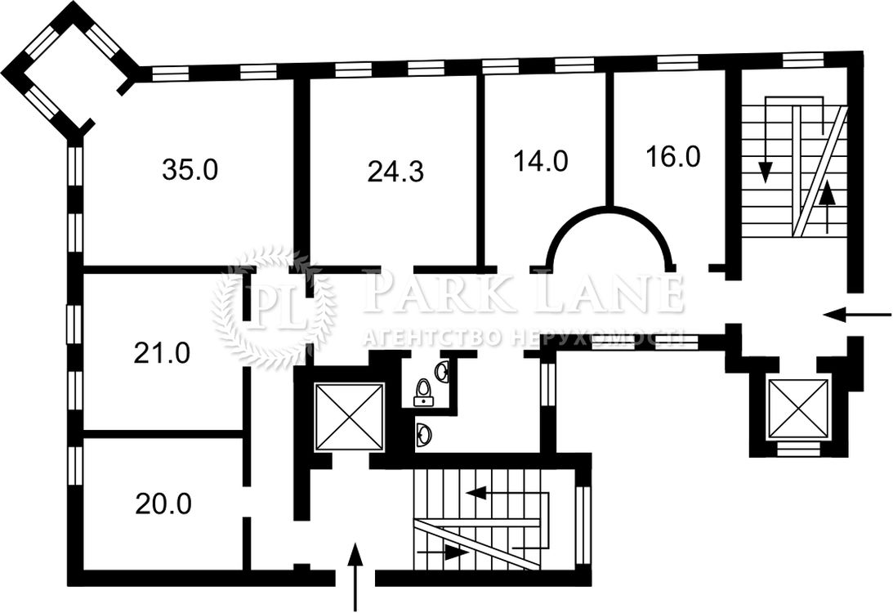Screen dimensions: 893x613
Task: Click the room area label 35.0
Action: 190,170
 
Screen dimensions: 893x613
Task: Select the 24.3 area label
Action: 395,171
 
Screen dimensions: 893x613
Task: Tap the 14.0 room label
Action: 541,161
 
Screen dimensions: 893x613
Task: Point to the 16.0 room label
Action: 673,156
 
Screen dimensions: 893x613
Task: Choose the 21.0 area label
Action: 162,353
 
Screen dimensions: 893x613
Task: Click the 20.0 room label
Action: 163,503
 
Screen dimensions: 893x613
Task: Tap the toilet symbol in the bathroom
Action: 422,392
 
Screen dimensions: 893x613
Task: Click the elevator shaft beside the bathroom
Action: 349,418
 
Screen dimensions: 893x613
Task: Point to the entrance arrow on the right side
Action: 858,314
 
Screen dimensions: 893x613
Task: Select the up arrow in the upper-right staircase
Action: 827,207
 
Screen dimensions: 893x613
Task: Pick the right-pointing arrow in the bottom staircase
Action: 444,552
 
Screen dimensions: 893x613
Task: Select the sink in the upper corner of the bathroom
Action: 443,371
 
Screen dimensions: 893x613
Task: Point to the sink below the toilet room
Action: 424,436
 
